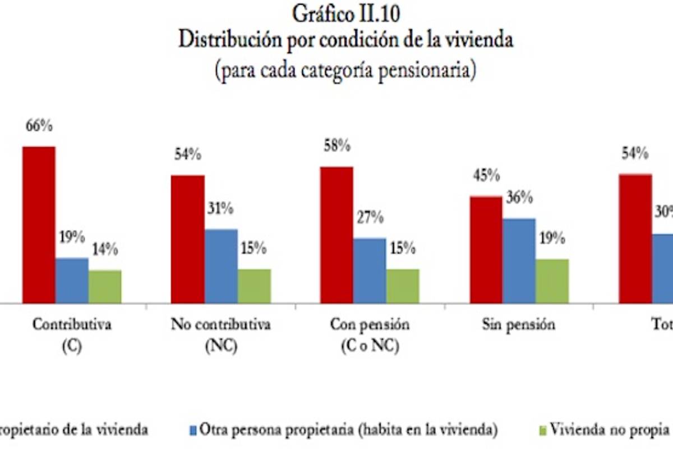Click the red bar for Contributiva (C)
(39, 224)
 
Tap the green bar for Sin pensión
(552, 281)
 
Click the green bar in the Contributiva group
(105, 287)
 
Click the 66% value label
(39, 126)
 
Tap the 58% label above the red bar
(336, 146)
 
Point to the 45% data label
(486, 176)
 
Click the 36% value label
(519, 198)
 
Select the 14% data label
(104, 250)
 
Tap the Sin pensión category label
(518, 325)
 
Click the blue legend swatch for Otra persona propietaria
(193, 430)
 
